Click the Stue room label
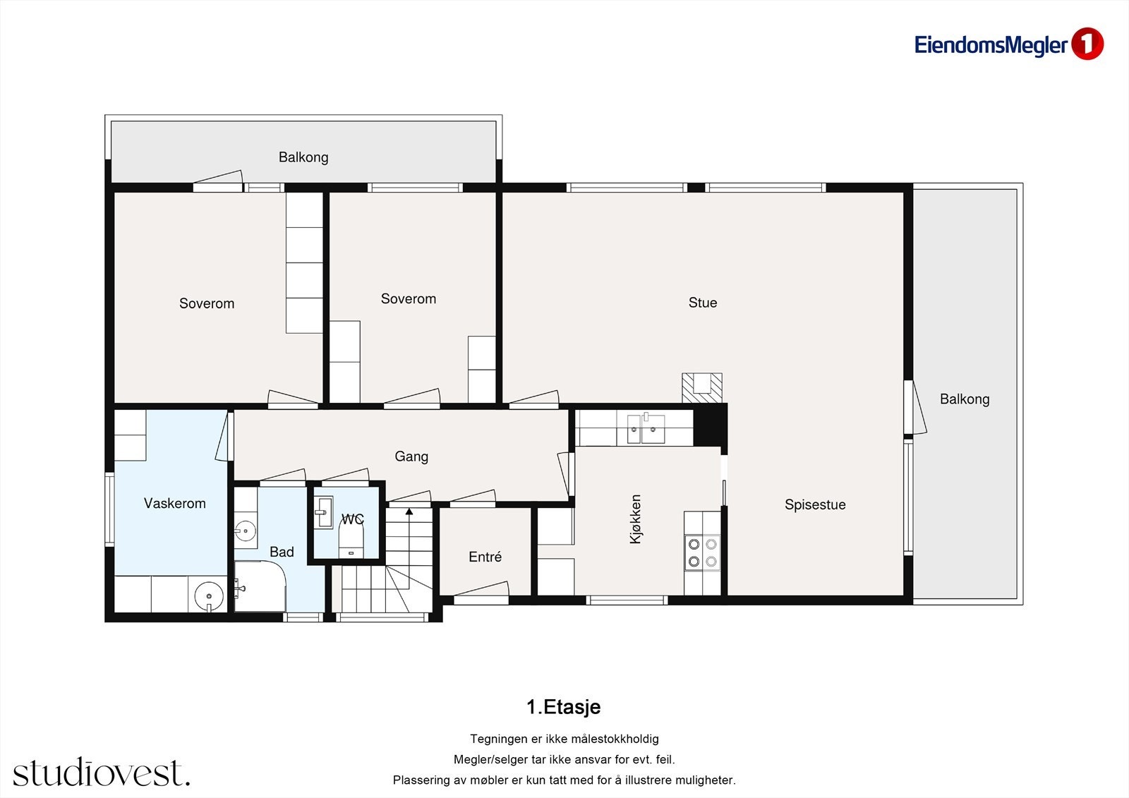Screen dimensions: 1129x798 [703, 303]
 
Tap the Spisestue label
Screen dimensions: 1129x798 [815, 504]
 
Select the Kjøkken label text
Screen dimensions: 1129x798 [636, 519]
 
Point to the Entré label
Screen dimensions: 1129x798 [485, 557]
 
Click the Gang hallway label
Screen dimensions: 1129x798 [411, 457]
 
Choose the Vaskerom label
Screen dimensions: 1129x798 [175, 503]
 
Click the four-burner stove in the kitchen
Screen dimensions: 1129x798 [703, 552]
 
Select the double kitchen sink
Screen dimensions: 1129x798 [646, 428]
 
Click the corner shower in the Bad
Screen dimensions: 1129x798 [260, 586]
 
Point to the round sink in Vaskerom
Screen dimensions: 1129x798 [209, 596]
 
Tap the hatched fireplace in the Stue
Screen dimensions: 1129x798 [702, 387]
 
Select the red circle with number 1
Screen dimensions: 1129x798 [1087, 44]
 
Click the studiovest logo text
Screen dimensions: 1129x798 [102, 772]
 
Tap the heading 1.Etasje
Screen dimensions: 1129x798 [564, 707]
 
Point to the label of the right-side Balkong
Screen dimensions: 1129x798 [965, 399]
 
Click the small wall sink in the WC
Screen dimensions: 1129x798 [323, 513]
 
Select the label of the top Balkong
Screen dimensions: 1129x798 [303, 157]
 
